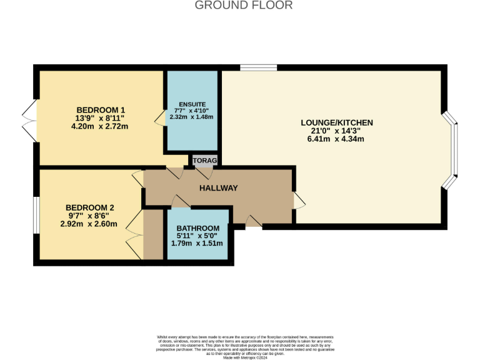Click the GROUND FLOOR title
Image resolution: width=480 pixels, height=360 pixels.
pos(244,6)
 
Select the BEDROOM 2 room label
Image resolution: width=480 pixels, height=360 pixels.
pos(91,208)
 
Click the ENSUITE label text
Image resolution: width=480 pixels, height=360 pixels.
pos(192,104)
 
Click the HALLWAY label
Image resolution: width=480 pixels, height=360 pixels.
pos(219,187)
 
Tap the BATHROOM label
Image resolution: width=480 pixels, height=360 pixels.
pos(197,227)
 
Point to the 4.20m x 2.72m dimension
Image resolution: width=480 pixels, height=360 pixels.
pos(101,126)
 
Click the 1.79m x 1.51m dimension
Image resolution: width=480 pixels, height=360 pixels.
pos(197,243)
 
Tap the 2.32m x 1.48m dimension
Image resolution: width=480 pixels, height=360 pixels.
pos(192,117)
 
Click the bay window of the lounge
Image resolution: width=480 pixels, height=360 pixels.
pos(453,151)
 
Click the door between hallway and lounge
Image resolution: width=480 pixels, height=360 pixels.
pos(299,200)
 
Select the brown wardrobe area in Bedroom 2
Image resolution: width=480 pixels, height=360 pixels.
pos(151,235)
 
